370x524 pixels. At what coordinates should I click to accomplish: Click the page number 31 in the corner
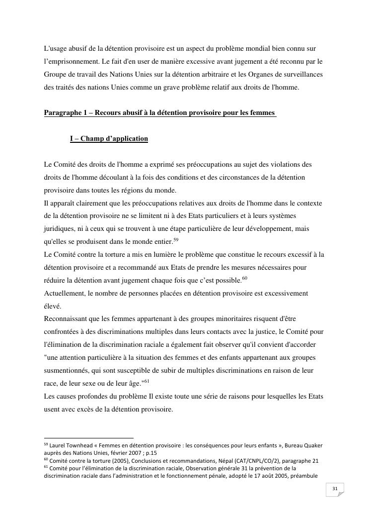[335, 489]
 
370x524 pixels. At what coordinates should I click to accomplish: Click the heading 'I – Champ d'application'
[109, 138]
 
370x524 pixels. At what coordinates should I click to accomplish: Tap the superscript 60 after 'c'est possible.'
[244, 279]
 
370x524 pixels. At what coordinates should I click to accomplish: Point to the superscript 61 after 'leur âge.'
[147, 382]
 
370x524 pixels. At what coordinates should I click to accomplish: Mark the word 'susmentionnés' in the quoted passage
[67, 371]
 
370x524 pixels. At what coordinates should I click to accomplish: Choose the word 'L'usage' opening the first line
[56, 49]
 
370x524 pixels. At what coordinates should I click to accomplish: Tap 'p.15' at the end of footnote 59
[151, 453]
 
